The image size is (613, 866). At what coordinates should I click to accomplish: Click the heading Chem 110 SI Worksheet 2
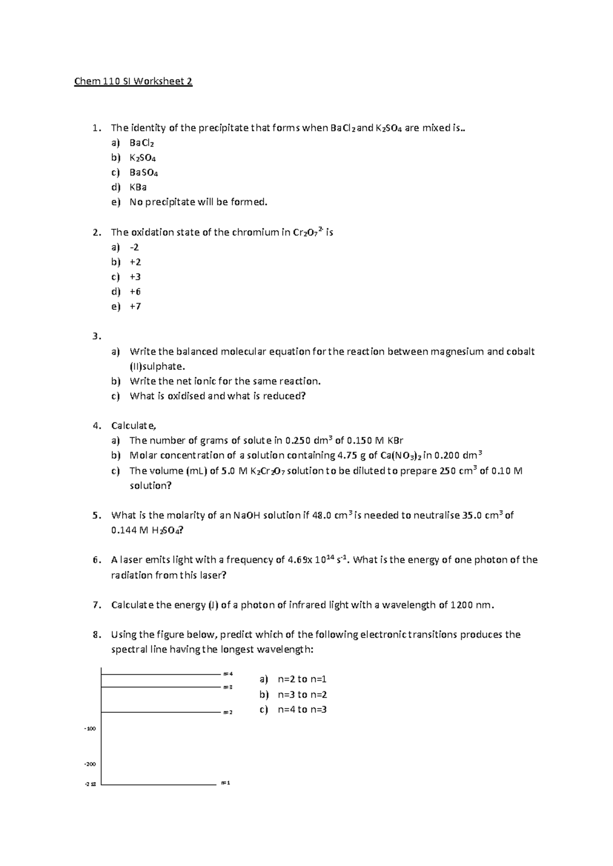pyautogui.click(x=133, y=82)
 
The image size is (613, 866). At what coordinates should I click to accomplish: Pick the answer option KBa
pyautogui.click(x=138, y=187)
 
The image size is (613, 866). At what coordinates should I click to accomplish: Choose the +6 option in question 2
pyautogui.click(x=135, y=292)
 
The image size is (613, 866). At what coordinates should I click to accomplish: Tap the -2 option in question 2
pyautogui.click(x=134, y=247)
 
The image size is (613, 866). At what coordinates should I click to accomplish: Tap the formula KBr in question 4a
pyautogui.click(x=395, y=441)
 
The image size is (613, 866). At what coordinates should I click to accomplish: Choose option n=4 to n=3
pyautogui.click(x=302, y=709)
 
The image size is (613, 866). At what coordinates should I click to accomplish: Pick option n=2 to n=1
pyautogui.click(x=302, y=679)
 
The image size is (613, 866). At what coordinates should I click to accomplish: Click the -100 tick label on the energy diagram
pyautogui.click(x=90, y=729)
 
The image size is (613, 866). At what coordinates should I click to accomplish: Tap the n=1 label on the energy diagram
pyautogui.click(x=225, y=783)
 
